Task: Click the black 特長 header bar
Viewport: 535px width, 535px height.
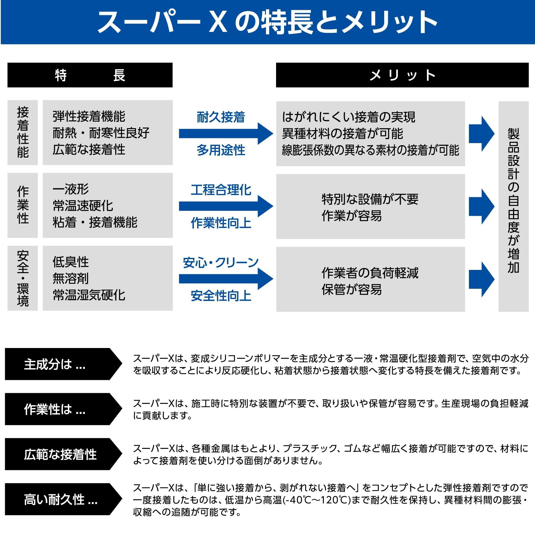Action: point(90,75)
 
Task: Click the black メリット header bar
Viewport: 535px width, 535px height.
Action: point(402,75)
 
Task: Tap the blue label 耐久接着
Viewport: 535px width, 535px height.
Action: point(221,117)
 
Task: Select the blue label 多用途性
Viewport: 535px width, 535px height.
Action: point(221,150)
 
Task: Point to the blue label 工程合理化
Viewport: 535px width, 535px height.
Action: point(221,190)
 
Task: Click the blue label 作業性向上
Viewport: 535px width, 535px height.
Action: point(221,223)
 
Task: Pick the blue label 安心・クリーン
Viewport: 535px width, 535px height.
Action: point(221,262)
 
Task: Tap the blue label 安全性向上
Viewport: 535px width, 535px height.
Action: point(221,296)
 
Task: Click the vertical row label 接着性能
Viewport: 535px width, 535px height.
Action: point(23,132)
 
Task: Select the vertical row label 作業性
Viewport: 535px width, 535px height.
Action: point(23,205)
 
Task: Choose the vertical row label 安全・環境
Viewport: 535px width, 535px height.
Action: point(23,278)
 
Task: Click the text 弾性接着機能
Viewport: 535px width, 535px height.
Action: point(89,116)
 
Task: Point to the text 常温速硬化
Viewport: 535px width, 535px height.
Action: point(83,205)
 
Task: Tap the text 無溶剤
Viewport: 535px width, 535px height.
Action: point(71,278)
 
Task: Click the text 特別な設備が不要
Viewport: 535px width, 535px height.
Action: point(370,199)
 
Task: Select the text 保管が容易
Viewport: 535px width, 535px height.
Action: point(352,289)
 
